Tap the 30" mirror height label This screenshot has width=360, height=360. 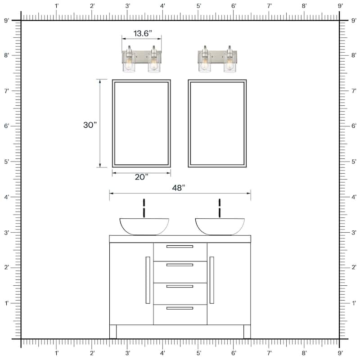click(90, 125)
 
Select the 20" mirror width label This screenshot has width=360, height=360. click(141, 177)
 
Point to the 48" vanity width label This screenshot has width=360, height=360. click(178, 188)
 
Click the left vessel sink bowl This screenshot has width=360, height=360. click(144, 226)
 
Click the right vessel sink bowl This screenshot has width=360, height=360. click(220, 226)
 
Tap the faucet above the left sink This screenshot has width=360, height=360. click(144, 208)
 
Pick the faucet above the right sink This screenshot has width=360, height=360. click(220, 208)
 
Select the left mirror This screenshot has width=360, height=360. click(141, 123)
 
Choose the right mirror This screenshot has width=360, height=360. click(217, 123)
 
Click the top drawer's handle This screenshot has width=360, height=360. click(180, 247)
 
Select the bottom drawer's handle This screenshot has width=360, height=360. click(180, 308)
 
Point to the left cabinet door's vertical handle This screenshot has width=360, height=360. click(148, 280)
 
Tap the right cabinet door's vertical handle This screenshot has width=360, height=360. click(211, 280)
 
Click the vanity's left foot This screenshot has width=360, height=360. click(113, 332)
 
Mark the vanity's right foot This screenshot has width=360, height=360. click(247, 332)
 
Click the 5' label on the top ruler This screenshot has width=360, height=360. click(198, 6)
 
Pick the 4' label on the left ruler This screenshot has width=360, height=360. click(6, 197)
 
